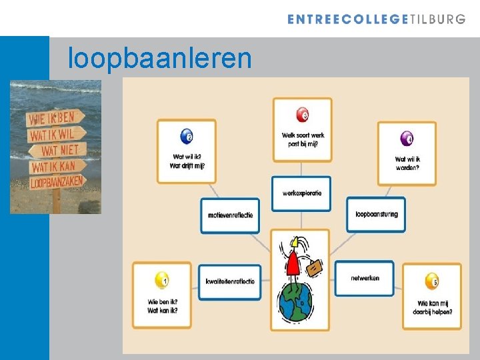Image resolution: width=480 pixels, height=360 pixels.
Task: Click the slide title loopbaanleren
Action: [x=160, y=59]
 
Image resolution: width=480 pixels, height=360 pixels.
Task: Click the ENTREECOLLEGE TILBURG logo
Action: [x=376, y=19]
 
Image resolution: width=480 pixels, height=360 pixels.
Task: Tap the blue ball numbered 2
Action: [x=186, y=138]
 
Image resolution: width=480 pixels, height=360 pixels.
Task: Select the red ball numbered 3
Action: [x=302, y=115]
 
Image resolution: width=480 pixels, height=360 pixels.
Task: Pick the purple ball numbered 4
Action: [x=406, y=139]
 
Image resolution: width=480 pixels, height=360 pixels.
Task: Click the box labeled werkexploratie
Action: [x=301, y=193]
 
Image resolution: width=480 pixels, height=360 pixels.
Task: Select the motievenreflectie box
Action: [x=230, y=215]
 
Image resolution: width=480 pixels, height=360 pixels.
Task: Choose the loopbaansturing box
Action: [x=376, y=215]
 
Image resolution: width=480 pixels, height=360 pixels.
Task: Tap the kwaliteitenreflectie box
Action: [x=230, y=281]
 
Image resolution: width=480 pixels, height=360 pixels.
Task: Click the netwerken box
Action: [x=364, y=278]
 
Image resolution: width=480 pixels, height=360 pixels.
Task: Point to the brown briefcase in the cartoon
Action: [x=314, y=267]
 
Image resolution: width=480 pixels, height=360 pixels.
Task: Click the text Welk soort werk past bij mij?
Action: [x=303, y=139]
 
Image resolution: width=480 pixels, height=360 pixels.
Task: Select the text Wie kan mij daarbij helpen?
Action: [x=431, y=307]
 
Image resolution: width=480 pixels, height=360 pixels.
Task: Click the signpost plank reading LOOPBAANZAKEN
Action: [x=57, y=181]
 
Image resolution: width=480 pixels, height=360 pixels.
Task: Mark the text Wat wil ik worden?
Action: [x=407, y=163]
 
